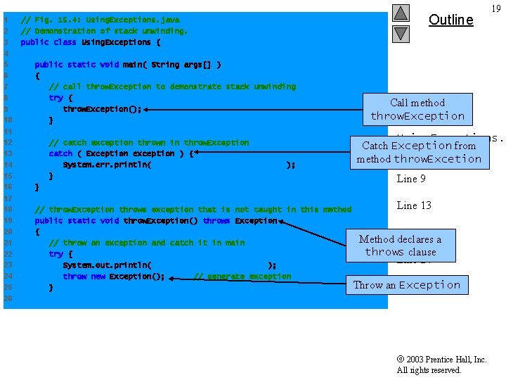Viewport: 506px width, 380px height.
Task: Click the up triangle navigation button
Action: tap(401, 13)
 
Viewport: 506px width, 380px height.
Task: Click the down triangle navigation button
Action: tap(401, 33)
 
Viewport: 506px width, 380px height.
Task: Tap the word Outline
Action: tap(450, 20)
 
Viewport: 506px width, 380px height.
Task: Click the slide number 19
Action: tap(496, 8)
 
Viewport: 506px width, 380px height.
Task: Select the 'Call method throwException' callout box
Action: tap(417, 109)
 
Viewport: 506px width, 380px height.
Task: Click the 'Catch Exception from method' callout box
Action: tap(419, 152)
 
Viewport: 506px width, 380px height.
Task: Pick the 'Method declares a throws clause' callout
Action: tap(400, 246)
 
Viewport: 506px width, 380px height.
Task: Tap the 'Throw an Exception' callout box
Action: tap(406, 285)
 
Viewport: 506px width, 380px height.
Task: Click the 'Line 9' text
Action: tap(411, 179)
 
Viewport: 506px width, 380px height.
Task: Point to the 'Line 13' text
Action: tap(414, 205)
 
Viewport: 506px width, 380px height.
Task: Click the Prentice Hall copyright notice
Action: tap(441, 365)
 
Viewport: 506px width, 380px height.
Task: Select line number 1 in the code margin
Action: tap(6, 20)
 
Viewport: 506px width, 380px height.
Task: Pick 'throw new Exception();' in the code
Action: tap(113, 277)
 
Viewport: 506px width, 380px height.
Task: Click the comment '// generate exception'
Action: tap(242, 277)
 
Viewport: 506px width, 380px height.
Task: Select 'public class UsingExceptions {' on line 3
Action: tap(91, 42)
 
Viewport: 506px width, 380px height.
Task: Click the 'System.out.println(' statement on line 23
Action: tap(107, 265)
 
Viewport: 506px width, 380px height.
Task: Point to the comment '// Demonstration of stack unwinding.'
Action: tap(104, 31)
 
